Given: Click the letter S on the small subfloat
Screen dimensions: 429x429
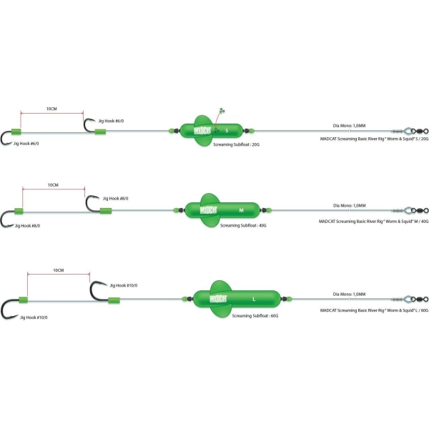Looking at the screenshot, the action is tap(227, 131).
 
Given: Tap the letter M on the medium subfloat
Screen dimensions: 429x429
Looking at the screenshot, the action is tap(241, 210).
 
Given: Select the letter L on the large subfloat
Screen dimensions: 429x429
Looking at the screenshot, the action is tap(254, 299).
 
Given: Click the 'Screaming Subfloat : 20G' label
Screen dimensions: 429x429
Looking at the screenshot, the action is tap(237, 144).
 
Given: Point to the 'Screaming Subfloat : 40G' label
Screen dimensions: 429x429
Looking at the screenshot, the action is tap(243, 225).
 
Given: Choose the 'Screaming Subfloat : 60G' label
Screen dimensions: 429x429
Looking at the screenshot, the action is tap(255, 316).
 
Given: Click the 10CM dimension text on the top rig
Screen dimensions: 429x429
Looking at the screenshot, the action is tap(51, 109).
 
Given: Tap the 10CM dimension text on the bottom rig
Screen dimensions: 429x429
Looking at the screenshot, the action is tap(59, 270).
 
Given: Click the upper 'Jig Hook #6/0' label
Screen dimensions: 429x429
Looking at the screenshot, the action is tap(111, 121).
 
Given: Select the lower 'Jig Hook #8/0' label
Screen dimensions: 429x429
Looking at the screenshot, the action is tap(27, 226).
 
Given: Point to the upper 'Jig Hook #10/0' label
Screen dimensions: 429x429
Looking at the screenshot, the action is tap(124, 285).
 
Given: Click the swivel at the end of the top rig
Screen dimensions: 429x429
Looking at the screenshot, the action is tap(420, 131).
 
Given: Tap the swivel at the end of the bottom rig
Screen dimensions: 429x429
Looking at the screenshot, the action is tap(420, 299).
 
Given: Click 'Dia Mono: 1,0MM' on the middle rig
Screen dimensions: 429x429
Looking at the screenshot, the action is tap(350, 205).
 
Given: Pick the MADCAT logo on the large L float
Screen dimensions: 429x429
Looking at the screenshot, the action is tap(218, 299).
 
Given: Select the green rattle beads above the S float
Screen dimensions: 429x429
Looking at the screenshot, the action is tap(222, 111).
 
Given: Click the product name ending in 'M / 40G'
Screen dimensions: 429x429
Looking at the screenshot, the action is tap(373, 222).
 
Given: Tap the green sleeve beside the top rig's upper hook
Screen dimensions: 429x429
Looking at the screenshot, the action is tap(100, 132).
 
